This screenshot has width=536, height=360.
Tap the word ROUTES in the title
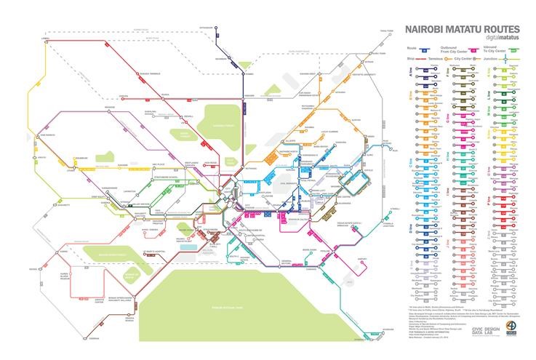tap(492, 29)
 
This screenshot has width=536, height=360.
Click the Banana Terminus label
tap(149, 72)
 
